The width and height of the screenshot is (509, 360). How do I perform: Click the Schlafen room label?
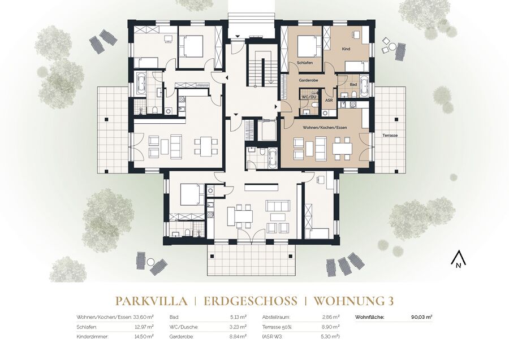coord(304,63)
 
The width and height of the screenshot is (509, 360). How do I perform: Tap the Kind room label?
coord(346,49)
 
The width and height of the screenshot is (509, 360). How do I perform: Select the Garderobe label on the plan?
coord(308,80)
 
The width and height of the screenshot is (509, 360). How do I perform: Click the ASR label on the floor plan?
coord(329,101)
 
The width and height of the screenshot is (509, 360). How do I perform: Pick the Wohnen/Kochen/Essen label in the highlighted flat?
coord(325,128)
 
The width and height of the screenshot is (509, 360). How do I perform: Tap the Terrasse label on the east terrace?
coord(390,135)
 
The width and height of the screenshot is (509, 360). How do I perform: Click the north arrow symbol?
coord(458,259)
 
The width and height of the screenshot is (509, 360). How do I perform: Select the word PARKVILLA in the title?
coord(151,301)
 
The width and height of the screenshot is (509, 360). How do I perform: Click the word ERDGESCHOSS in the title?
coord(251,301)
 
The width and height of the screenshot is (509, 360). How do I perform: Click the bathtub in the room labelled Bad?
coord(364,86)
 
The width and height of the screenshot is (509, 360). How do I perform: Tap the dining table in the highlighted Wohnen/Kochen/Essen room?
coord(342,149)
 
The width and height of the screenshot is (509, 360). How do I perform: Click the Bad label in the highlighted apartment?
coord(353,85)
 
